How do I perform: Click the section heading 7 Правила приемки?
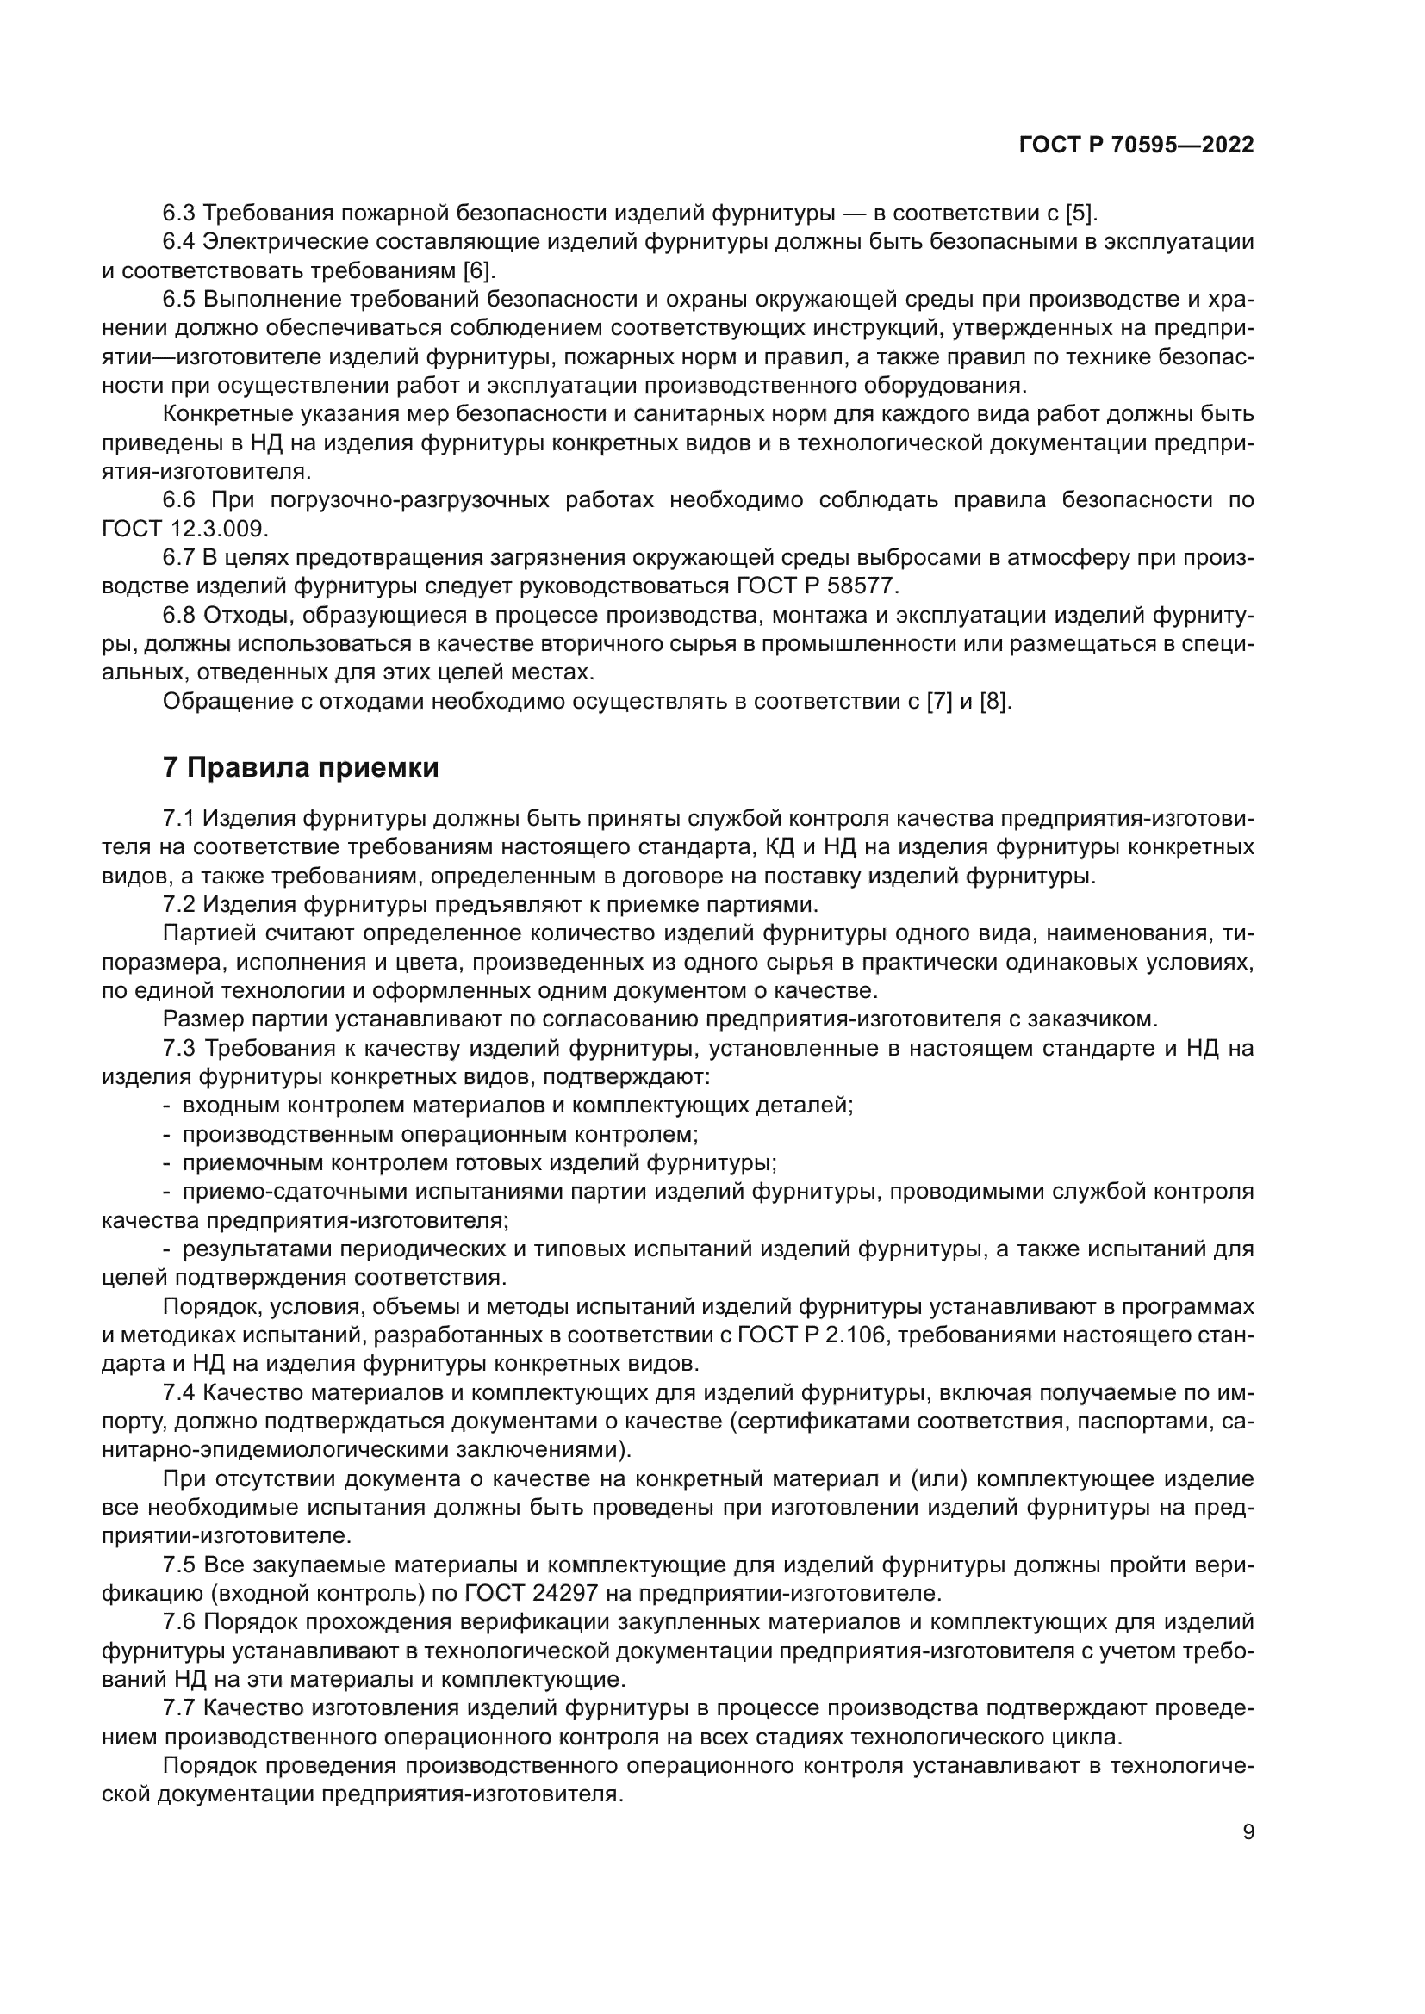pos(300,767)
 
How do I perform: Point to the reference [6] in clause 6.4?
pos(478,270)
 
